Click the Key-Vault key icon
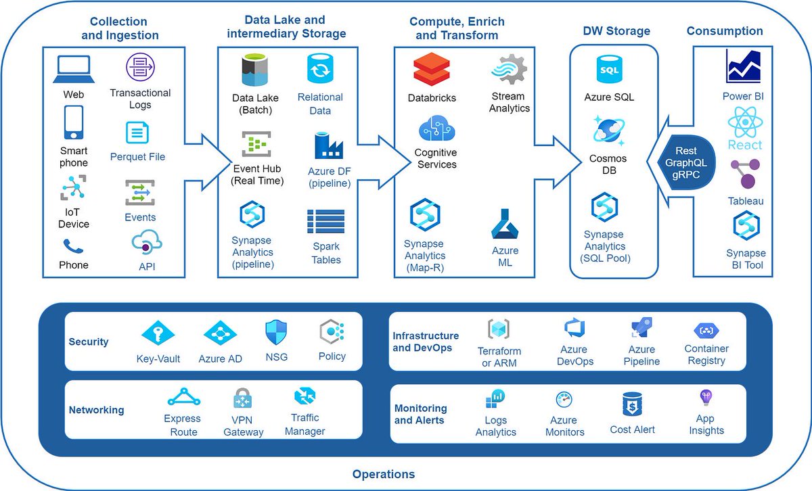(158, 333)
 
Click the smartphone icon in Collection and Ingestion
(73, 123)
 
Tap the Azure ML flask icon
(505, 225)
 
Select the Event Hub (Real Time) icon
(256, 144)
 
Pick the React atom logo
(744, 123)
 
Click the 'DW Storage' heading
(616, 31)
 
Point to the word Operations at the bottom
(384, 474)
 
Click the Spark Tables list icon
(325, 222)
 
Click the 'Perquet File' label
(137, 157)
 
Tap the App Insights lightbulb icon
(706, 398)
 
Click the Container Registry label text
(706, 355)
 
